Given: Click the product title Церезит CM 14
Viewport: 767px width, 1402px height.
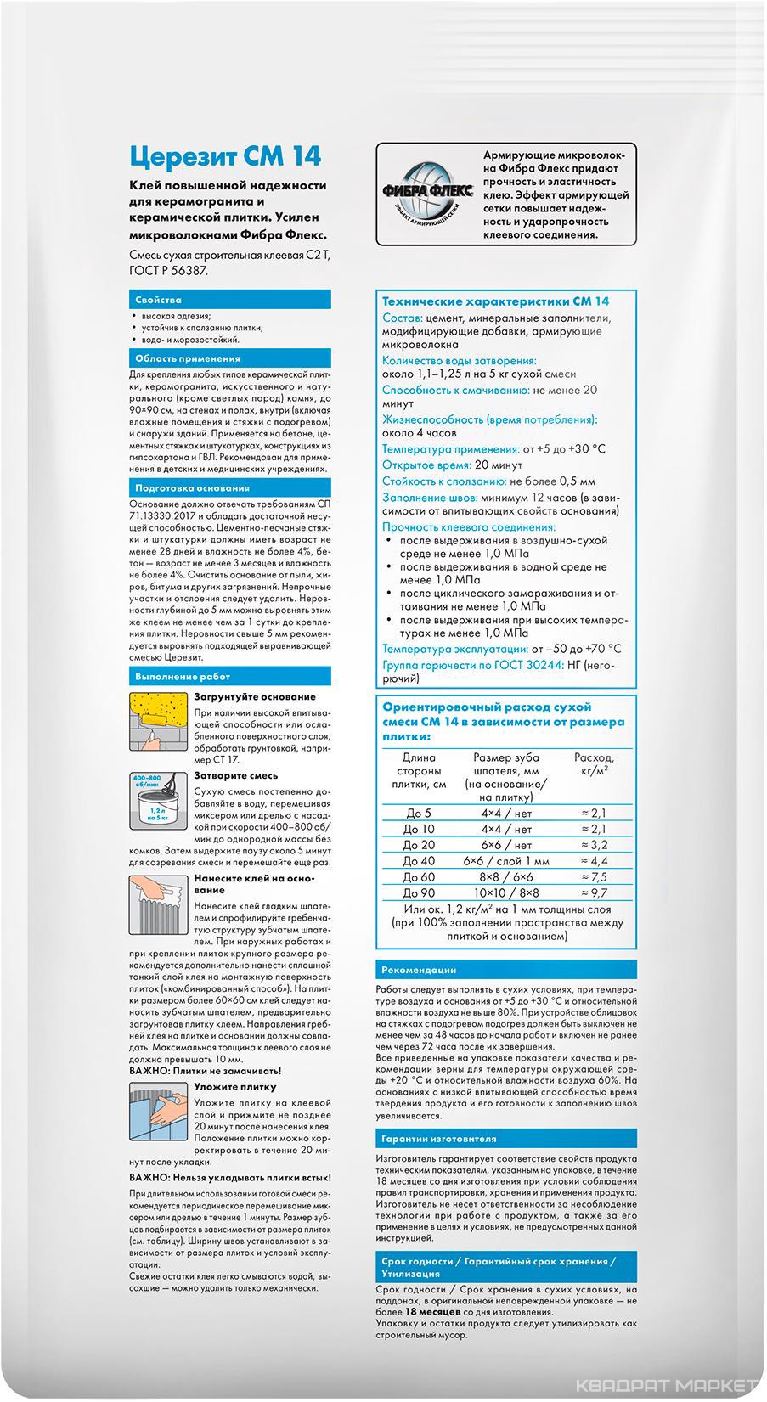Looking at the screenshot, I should point(225,156).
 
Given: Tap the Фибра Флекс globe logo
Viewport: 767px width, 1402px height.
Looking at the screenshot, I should point(428,193).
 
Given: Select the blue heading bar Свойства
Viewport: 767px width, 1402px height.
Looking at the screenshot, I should point(158,300).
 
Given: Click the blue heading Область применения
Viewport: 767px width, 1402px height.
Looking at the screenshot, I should point(188,358).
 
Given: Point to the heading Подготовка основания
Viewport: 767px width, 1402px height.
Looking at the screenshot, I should point(192,488).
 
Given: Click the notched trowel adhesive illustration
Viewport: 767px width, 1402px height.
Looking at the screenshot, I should point(158,904).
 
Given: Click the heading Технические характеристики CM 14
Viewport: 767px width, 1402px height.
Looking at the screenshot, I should point(495,301).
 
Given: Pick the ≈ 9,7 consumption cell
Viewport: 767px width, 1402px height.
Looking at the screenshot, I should point(594,892).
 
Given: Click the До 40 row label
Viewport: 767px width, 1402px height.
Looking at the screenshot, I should point(419,860).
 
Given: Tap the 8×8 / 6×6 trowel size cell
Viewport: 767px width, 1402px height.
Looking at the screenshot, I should point(506,876).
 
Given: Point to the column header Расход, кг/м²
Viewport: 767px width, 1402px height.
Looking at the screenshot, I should point(594,763).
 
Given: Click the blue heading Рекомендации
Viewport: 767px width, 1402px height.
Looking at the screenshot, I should point(419,970).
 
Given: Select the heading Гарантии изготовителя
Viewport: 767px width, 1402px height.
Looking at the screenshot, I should point(439,1139).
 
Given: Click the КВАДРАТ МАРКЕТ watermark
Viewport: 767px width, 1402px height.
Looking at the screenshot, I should point(666,1386).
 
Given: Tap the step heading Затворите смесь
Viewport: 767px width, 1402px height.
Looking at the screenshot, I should point(235,775).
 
